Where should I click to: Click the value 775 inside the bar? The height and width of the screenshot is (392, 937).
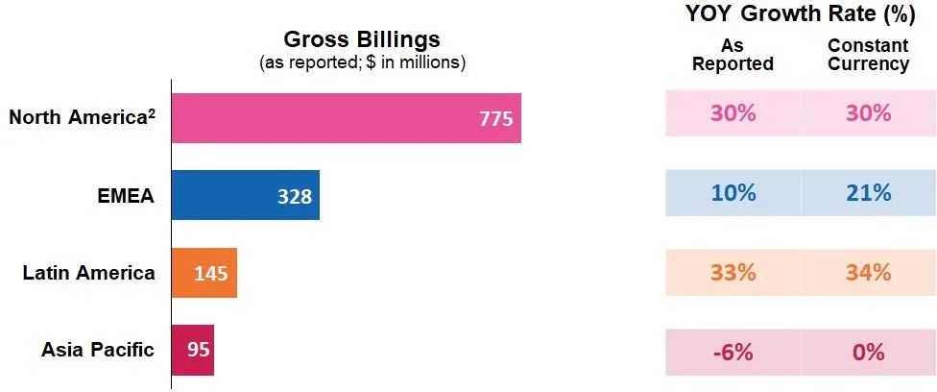(x=496, y=119)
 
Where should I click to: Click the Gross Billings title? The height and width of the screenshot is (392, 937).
(x=362, y=39)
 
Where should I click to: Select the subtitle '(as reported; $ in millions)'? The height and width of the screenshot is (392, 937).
(x=362, y=63)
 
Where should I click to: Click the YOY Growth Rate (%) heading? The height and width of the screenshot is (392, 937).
(x=799, y=13)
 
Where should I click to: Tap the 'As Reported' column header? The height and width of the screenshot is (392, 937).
(x=733, y=55)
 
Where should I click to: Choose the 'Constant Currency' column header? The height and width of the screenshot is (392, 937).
(x=868, y=55)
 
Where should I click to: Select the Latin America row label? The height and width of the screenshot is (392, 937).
(x=88, y=273)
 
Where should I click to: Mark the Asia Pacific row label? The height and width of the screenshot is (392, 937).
(x=97, y=350)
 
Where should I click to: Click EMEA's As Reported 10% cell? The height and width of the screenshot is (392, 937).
(x=733, y=193)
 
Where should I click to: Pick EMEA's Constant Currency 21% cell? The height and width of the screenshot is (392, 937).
(x=868, y=193)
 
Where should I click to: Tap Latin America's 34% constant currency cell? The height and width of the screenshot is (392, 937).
(x=868, y=272)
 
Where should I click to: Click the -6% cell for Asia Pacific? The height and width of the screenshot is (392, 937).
(x=733, y=352)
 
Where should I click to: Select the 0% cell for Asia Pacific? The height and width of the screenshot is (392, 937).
(x=868, y=352)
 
